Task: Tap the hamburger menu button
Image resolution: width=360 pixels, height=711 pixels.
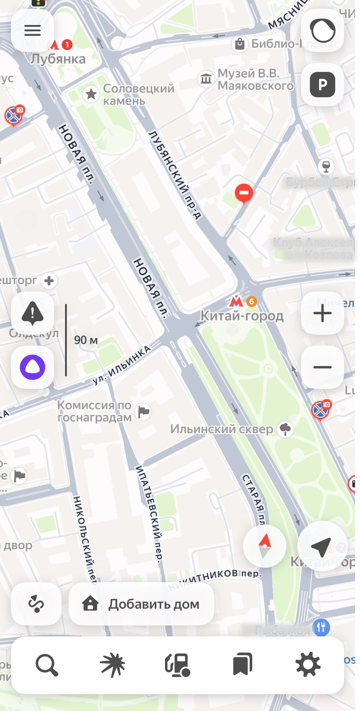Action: (x=32, y=30)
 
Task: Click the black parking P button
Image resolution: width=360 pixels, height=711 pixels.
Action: (x=322, y=85)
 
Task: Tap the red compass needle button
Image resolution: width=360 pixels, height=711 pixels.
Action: (x=264, y=546)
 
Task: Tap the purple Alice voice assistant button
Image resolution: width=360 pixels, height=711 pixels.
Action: (x=32, y=367)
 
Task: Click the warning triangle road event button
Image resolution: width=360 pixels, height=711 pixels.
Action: (x=32, y=313)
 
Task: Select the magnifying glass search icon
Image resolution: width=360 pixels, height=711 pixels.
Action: (x=47, y=665)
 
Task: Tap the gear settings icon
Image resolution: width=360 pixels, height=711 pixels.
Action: (x=308, y=665)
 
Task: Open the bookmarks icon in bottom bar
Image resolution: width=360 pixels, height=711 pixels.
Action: (x=243, y=665)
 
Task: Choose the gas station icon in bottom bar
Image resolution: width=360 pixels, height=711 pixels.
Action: (x=178, y=665)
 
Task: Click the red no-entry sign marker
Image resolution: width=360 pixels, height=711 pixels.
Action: (x=244, y=193)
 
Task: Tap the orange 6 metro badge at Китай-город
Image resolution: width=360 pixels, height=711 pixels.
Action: (x=252, y=301)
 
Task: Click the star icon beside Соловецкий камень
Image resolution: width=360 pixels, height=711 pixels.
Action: (x=91, y=94)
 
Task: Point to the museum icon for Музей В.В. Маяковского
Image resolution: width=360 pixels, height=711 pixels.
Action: (x=206, y=79)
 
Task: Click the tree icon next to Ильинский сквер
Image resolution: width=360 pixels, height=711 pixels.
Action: (x=285, y=429)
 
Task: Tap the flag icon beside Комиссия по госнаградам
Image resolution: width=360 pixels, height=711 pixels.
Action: (x=144, y=411)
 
